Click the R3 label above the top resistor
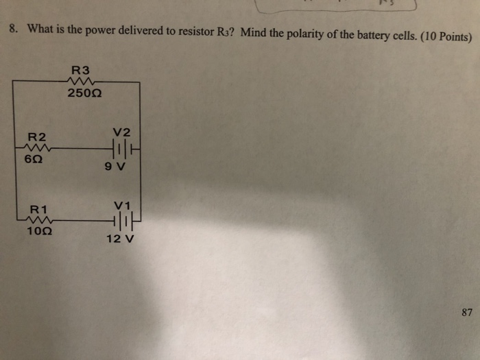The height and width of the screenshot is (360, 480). point(80,69)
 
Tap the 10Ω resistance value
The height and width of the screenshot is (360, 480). point(36,232)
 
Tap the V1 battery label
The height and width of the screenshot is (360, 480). point(122,205)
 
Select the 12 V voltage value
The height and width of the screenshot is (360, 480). point(121,239)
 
